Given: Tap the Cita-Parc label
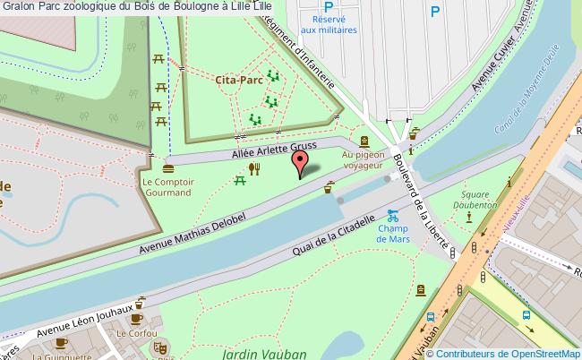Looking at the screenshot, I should (238, 80).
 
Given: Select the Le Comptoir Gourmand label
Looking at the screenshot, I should (168, 185).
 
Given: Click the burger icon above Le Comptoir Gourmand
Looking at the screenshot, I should (168, 167).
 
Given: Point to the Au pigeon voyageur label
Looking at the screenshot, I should (363, 159).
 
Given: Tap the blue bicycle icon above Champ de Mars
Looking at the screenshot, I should (392, 215).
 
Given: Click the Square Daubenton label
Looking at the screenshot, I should (479, 199).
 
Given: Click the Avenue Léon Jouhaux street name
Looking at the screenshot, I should (88, 323).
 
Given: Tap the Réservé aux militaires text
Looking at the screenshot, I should (334, 24).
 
